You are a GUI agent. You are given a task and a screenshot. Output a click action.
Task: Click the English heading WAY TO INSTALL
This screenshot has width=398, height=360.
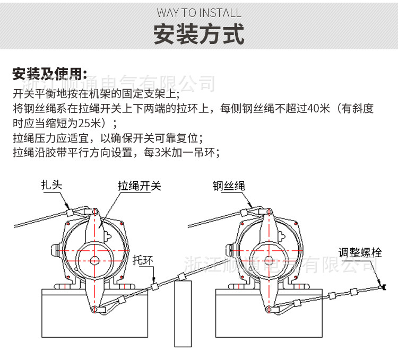(199, 13)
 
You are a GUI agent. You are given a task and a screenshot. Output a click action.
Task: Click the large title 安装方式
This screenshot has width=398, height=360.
(199, 34)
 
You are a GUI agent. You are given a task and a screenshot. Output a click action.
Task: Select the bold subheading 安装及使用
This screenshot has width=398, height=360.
(49, 74)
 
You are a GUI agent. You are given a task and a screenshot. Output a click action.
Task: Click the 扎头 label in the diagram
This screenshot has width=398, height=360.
(52, 185)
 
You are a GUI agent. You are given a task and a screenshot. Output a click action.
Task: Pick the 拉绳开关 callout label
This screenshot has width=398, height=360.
(140, 186)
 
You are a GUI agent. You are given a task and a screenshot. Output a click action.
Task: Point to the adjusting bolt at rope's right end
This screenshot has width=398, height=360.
(383, 286)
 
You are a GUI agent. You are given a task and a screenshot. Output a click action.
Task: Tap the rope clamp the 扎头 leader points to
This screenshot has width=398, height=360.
(69, 212)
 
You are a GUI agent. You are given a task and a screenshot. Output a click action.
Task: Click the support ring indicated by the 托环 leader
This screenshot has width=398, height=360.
(155, 286)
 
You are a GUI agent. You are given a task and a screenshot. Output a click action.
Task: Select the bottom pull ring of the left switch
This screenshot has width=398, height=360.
(94, 309)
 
